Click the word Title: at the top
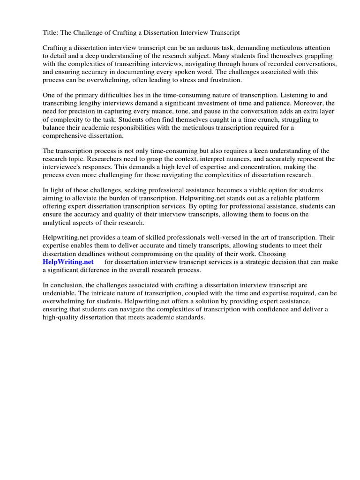click(51, 33)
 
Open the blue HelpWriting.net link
click(68, 262)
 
